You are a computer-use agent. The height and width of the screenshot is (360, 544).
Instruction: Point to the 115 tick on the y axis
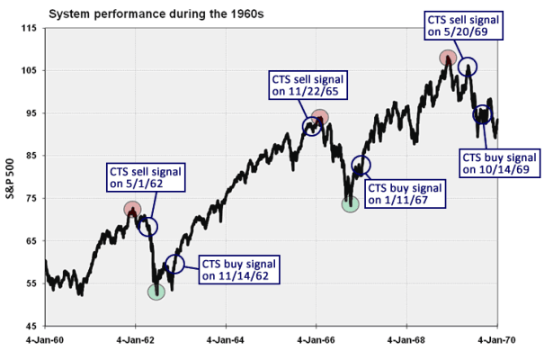31,30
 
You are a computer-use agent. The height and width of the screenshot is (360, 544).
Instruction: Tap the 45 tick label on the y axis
31,326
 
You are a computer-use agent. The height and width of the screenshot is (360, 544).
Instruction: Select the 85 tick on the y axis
31,157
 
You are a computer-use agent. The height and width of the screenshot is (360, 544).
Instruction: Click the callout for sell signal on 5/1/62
145,177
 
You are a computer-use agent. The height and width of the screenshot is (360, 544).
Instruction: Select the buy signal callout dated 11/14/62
238,269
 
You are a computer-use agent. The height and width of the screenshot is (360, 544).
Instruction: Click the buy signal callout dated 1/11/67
406,194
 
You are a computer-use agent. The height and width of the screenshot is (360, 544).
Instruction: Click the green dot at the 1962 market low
157,291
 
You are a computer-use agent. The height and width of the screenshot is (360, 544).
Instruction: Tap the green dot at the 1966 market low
351,203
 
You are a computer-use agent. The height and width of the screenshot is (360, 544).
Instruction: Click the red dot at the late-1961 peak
132,210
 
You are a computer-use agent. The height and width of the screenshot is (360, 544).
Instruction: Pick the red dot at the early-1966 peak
319,117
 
